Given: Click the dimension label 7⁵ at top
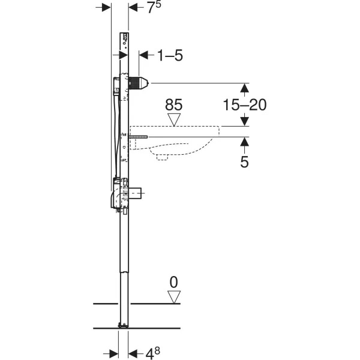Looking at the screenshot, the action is coord(154,7).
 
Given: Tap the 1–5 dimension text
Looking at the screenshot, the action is coord(170,56).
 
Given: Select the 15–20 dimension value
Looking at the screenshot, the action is coord(245,104).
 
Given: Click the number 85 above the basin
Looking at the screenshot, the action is coord(174,104).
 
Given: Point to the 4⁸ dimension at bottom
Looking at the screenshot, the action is coord(152,353).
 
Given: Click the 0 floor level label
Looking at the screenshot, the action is coord(174,282).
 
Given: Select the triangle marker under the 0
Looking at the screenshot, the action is coord(174,297).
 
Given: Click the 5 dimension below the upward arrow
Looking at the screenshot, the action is coord(245,161).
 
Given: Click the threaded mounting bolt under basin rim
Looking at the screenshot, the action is coord(139,137).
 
